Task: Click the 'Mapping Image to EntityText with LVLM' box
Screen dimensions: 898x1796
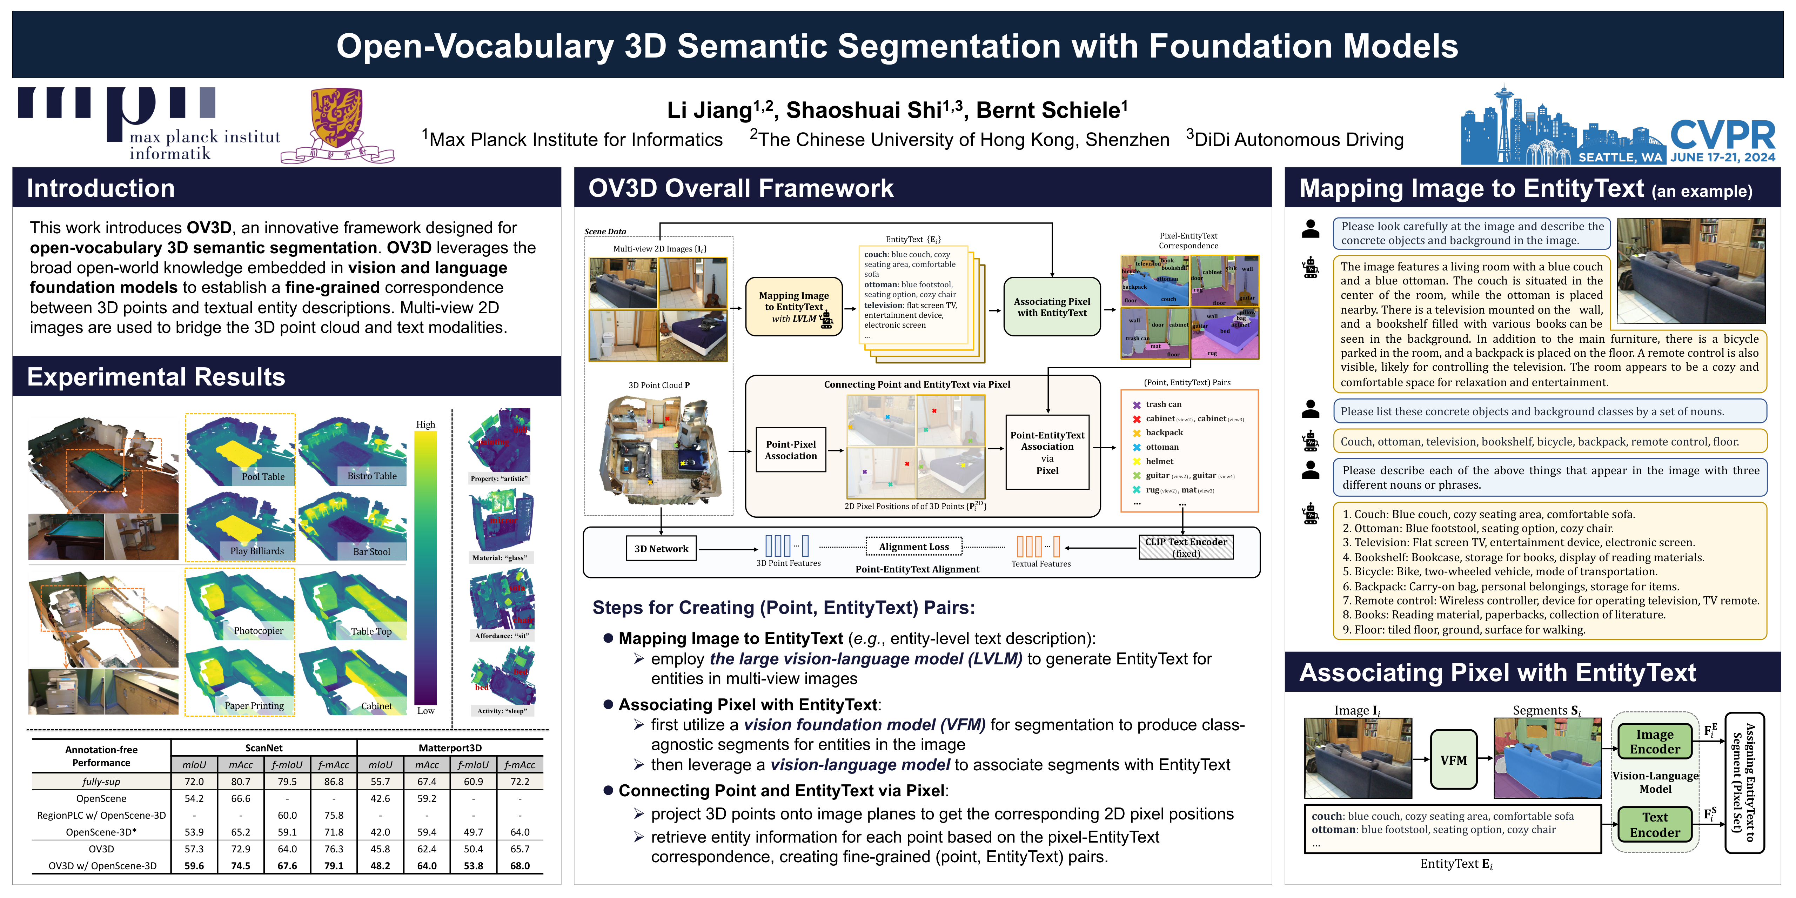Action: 794,307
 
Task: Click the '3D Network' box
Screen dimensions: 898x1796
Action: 661,549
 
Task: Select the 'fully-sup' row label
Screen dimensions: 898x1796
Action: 101,782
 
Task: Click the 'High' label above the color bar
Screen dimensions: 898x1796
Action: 425,424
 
